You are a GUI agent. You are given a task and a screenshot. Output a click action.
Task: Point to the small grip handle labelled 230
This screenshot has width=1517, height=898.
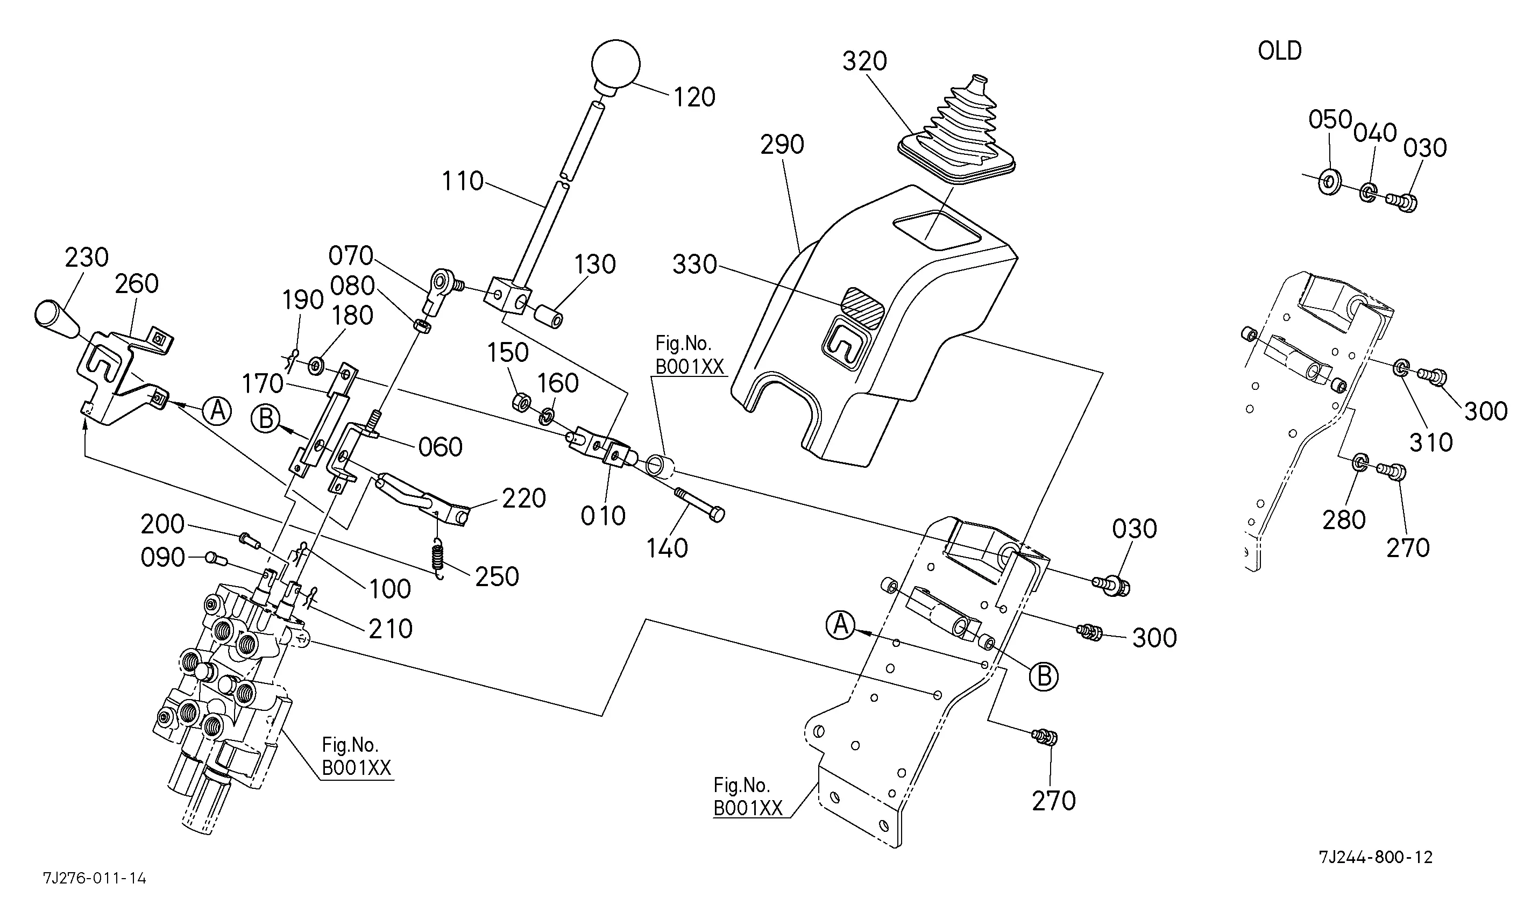[x=56, y=319]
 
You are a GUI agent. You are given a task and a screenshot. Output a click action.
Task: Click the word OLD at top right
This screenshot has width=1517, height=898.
[x=1279, y=51]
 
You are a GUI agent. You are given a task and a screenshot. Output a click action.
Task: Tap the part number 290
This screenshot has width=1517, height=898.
[x=782, y=145]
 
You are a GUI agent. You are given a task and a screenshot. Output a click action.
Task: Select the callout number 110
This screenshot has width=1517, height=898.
[x=463, y=181]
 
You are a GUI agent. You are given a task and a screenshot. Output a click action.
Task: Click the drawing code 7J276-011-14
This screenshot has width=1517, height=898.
[x=95, y=878]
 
